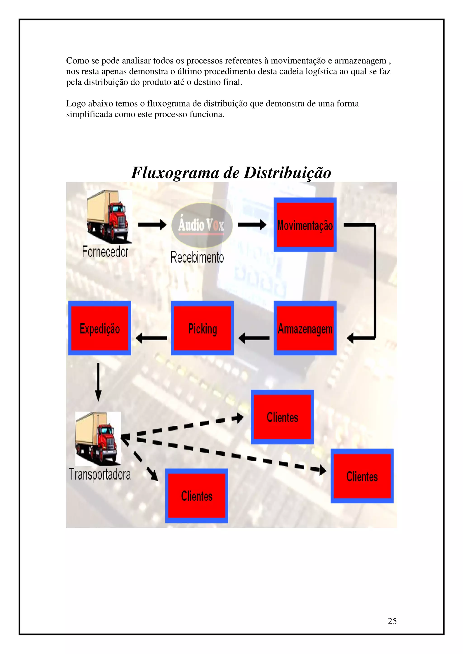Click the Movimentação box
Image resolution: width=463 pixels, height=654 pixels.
[x=305, y=225]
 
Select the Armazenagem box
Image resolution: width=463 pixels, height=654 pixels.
[x=305, y=328]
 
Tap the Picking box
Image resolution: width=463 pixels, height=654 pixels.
[x=202, y=328]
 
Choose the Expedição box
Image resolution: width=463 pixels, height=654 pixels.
[x=99, y=328]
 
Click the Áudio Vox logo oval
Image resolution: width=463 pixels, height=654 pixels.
[x=202, y=225]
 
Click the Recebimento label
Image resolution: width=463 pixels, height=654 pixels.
[x=197, y=257]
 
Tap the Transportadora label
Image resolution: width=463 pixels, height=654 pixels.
[x=100, y=474]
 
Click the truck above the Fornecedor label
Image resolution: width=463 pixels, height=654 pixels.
[x=109, y=216]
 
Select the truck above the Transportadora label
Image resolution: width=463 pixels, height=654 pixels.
[x=98, y=439]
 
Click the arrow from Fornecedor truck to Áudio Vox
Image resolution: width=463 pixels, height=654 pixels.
[x=152, y=225]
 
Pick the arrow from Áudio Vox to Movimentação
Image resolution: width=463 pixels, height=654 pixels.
[x=252, y=225]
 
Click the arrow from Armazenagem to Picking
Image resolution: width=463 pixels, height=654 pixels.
[x=254, y=338]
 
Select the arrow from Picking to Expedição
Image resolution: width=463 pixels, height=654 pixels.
[x=151, y=338]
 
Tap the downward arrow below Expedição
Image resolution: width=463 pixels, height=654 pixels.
[x=98, y=382]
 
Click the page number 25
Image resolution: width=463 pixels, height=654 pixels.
[x=392, y=621]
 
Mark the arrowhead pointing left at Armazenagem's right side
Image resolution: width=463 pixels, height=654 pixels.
[x=350, y=338]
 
